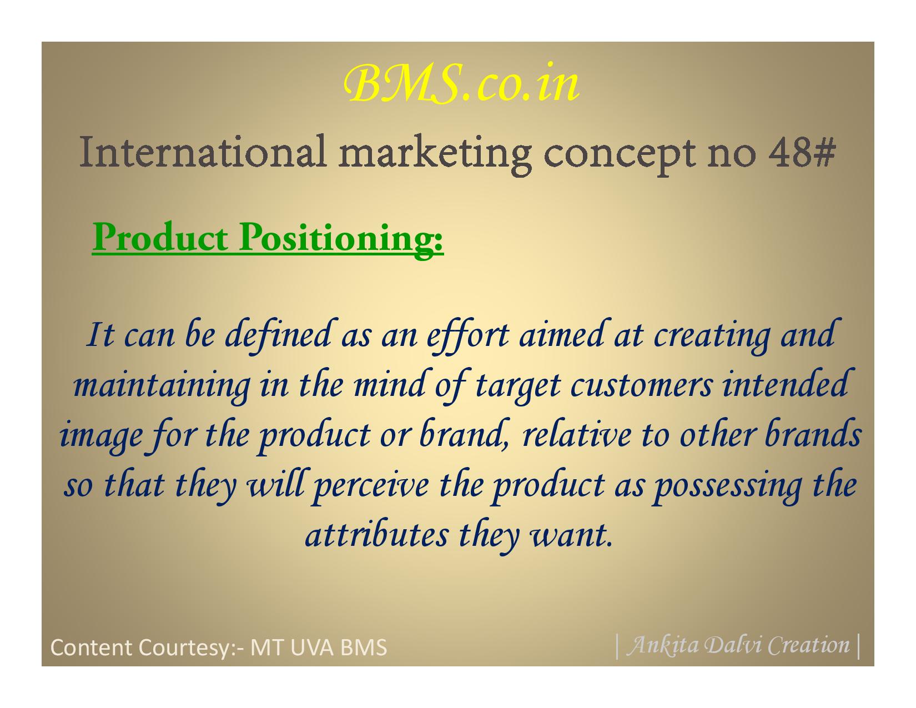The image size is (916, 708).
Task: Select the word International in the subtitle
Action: click(203, 151)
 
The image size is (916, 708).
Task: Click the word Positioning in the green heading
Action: click(341, 238)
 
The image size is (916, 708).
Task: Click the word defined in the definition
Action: click(278, 336)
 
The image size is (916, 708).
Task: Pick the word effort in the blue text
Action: click(467, 336)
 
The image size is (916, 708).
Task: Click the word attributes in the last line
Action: click(376, 534)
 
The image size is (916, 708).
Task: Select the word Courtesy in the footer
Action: click(183, 647)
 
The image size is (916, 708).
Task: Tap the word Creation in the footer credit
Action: click(809, 645)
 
